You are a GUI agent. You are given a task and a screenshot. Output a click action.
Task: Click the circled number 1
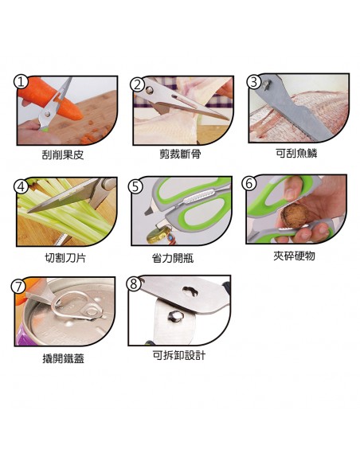(21, 81)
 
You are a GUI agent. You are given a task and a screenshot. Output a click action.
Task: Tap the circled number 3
(254, 81)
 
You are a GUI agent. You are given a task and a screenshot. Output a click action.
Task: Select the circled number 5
(135, 186)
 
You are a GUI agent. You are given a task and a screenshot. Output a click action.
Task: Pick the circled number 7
(18, 286)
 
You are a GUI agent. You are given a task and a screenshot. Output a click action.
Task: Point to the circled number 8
(134, 283)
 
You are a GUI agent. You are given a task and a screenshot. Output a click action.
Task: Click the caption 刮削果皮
(63, 154)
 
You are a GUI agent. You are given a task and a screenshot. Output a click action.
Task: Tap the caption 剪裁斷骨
(180, 154)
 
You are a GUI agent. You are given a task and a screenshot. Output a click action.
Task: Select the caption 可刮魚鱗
(296, 153)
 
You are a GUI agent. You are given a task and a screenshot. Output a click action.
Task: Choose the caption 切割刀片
(65, 257)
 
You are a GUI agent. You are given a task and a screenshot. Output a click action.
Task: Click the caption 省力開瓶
(173, 258)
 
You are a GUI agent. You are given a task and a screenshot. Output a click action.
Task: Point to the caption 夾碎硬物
(294, 256)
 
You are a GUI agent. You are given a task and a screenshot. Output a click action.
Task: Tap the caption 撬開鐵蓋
(64, 358)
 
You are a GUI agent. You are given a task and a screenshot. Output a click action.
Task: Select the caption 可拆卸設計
(179, 355)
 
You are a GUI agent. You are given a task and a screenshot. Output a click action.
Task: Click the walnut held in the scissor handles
(295, 216)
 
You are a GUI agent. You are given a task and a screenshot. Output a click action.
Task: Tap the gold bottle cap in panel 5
(157, 236)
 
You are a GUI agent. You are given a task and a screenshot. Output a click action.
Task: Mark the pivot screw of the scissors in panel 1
(47, 114)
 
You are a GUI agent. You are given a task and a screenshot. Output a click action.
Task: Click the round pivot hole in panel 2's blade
(150, 88)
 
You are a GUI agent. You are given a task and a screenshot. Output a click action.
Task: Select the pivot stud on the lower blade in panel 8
(175, 316)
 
